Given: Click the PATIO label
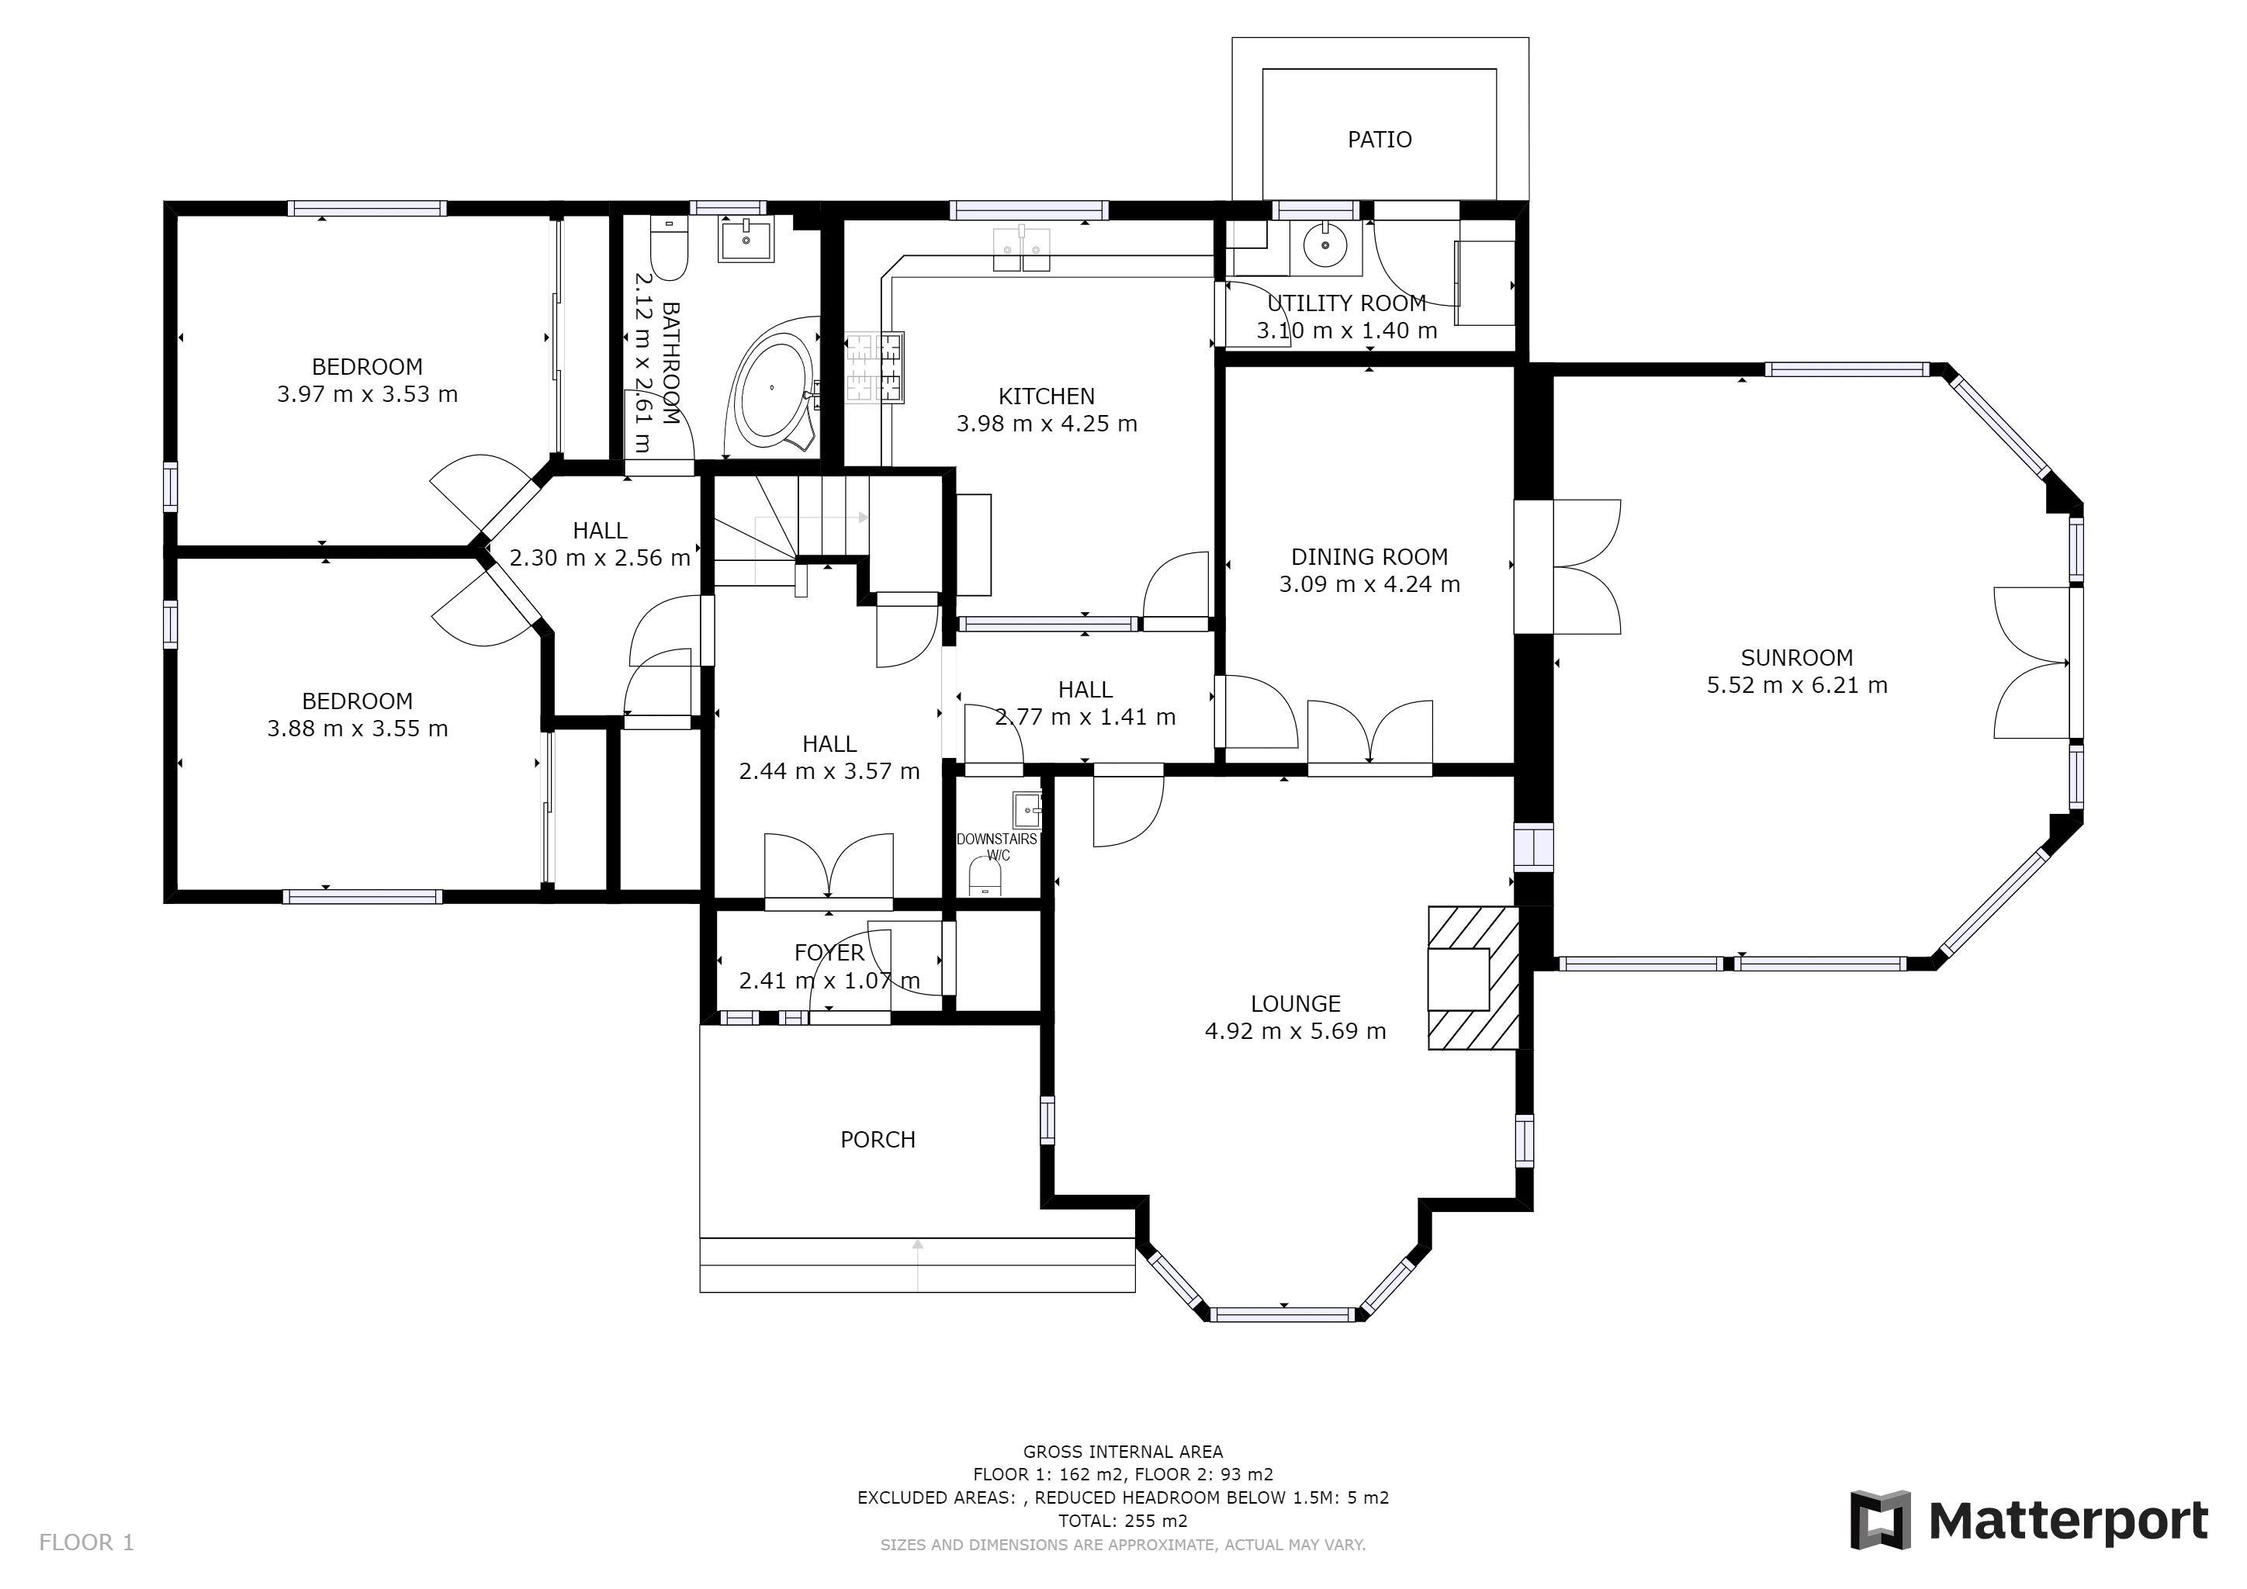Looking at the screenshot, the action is (1379, 140).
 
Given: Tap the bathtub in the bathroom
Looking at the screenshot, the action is (772, 389).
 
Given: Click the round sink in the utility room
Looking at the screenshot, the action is (1325, 246).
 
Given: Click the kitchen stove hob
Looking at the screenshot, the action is (874, 367).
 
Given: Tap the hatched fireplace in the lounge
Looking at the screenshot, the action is (1473, 978).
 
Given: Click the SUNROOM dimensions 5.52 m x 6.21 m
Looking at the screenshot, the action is (1797, 685).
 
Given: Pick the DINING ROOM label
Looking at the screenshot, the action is (1369, 557).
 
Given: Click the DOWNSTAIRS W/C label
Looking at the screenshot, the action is (997, 846).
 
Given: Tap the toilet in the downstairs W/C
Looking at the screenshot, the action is (985, 877).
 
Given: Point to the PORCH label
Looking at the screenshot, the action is (878, 1139).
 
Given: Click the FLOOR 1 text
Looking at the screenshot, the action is (86, 1543).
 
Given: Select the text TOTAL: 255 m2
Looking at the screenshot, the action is (1123, 1521).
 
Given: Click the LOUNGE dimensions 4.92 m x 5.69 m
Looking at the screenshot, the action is (1295, 1030).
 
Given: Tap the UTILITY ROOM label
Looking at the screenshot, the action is (1347, 303).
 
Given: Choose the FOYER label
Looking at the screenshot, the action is (829, 952).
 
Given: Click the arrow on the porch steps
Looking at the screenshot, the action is (918, 1264).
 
